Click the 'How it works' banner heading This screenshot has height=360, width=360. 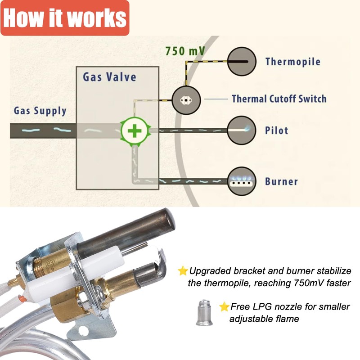pos(65,18)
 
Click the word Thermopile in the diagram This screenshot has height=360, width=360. pos(292,62)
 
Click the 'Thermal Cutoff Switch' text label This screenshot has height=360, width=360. pos(279,99)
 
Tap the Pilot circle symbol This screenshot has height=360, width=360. pos(241,130)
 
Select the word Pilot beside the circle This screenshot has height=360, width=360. pos(276,131)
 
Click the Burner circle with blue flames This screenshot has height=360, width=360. pos(241,181)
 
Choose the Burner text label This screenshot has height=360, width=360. pos(281,182)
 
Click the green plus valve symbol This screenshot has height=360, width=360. pos(134,131)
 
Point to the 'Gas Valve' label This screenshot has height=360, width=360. pos(109,76)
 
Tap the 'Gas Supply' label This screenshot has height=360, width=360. pos(40,110)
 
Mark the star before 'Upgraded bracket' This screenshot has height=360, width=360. pos(183,271)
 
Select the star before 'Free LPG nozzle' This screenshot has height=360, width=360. pos(224,307)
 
